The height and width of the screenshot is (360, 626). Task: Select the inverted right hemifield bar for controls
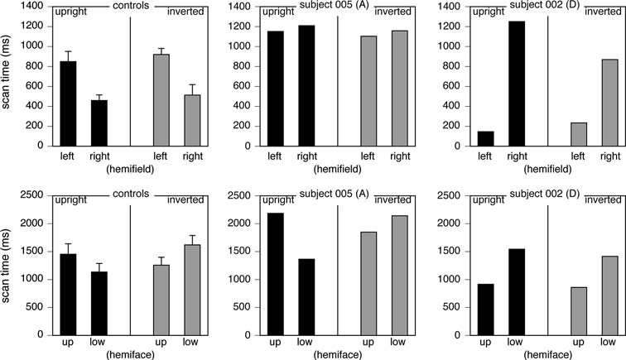pyautogui.click(x=192, y=120)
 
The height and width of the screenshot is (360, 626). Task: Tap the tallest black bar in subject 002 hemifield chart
pyautogui.click(x=517, y=83)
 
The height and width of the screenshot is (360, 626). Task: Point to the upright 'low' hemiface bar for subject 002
pyautogui.click(x=517, y=295)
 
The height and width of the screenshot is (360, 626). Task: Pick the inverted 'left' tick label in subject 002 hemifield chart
pyautogui.click(x=580, y=155)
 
